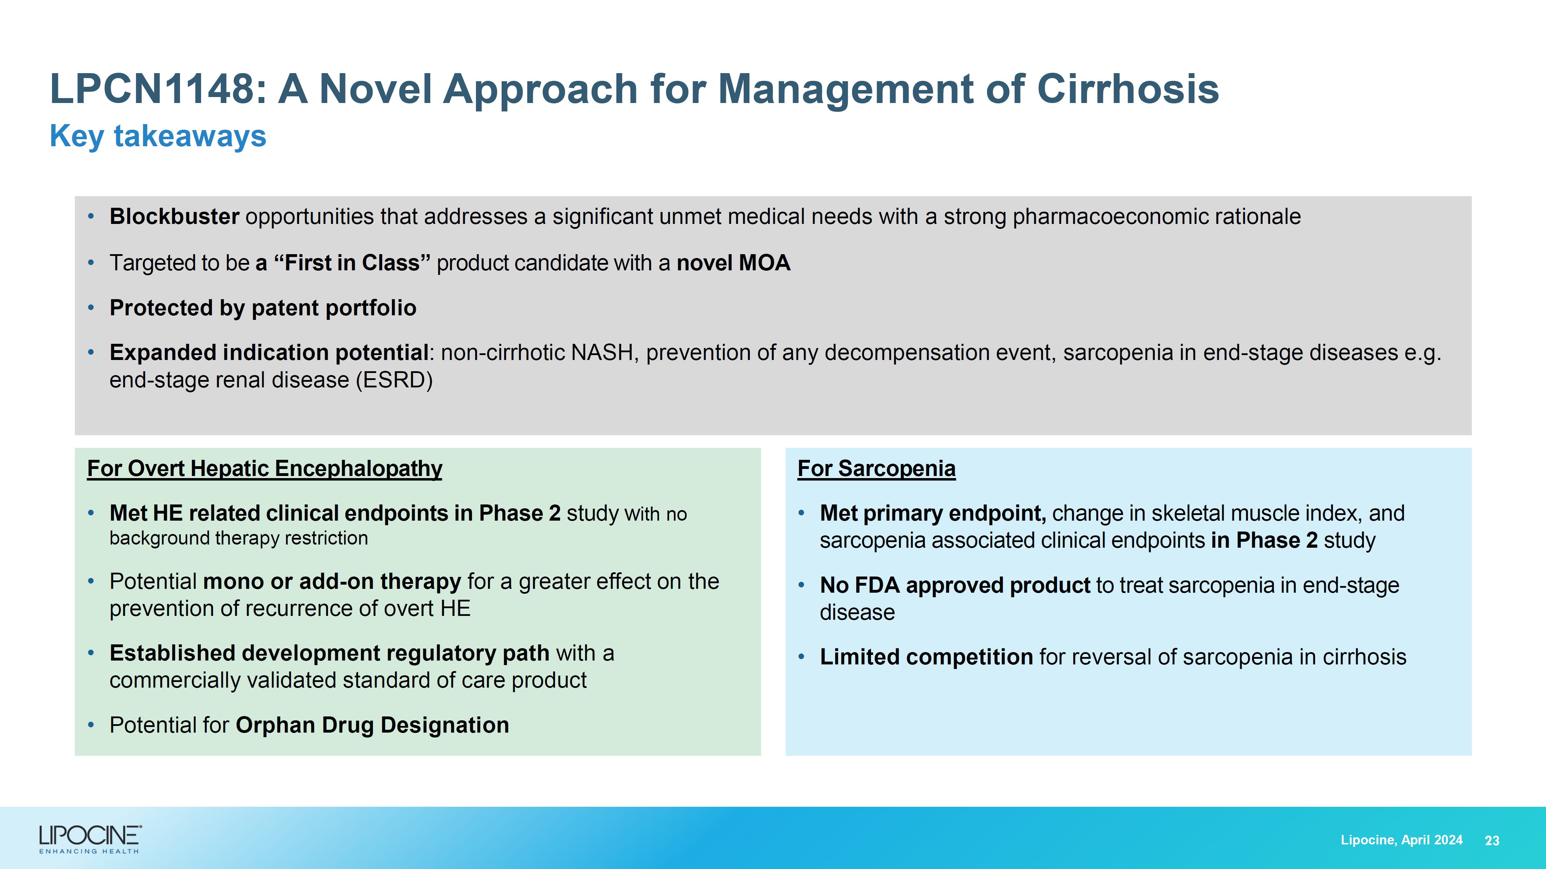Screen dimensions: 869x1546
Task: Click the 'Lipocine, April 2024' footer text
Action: (1402, 839)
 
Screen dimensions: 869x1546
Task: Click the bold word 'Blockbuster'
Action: (174, 217)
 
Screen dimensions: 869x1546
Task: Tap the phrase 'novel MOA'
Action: (733, 263)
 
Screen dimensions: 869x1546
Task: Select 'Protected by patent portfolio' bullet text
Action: (263, 308)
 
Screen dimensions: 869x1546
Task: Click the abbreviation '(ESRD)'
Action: (394, 380)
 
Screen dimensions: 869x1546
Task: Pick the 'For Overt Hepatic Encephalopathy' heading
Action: (265, 468)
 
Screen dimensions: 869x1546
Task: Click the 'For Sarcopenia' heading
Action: (876, 468)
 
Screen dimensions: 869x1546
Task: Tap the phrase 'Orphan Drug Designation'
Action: (372, 725)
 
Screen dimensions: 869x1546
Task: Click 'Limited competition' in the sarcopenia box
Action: (926, 657)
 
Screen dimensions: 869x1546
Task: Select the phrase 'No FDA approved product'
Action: (955, 585)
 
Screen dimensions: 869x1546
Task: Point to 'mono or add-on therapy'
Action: (332, 581)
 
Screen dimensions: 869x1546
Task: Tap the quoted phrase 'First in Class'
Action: (352, 263)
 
